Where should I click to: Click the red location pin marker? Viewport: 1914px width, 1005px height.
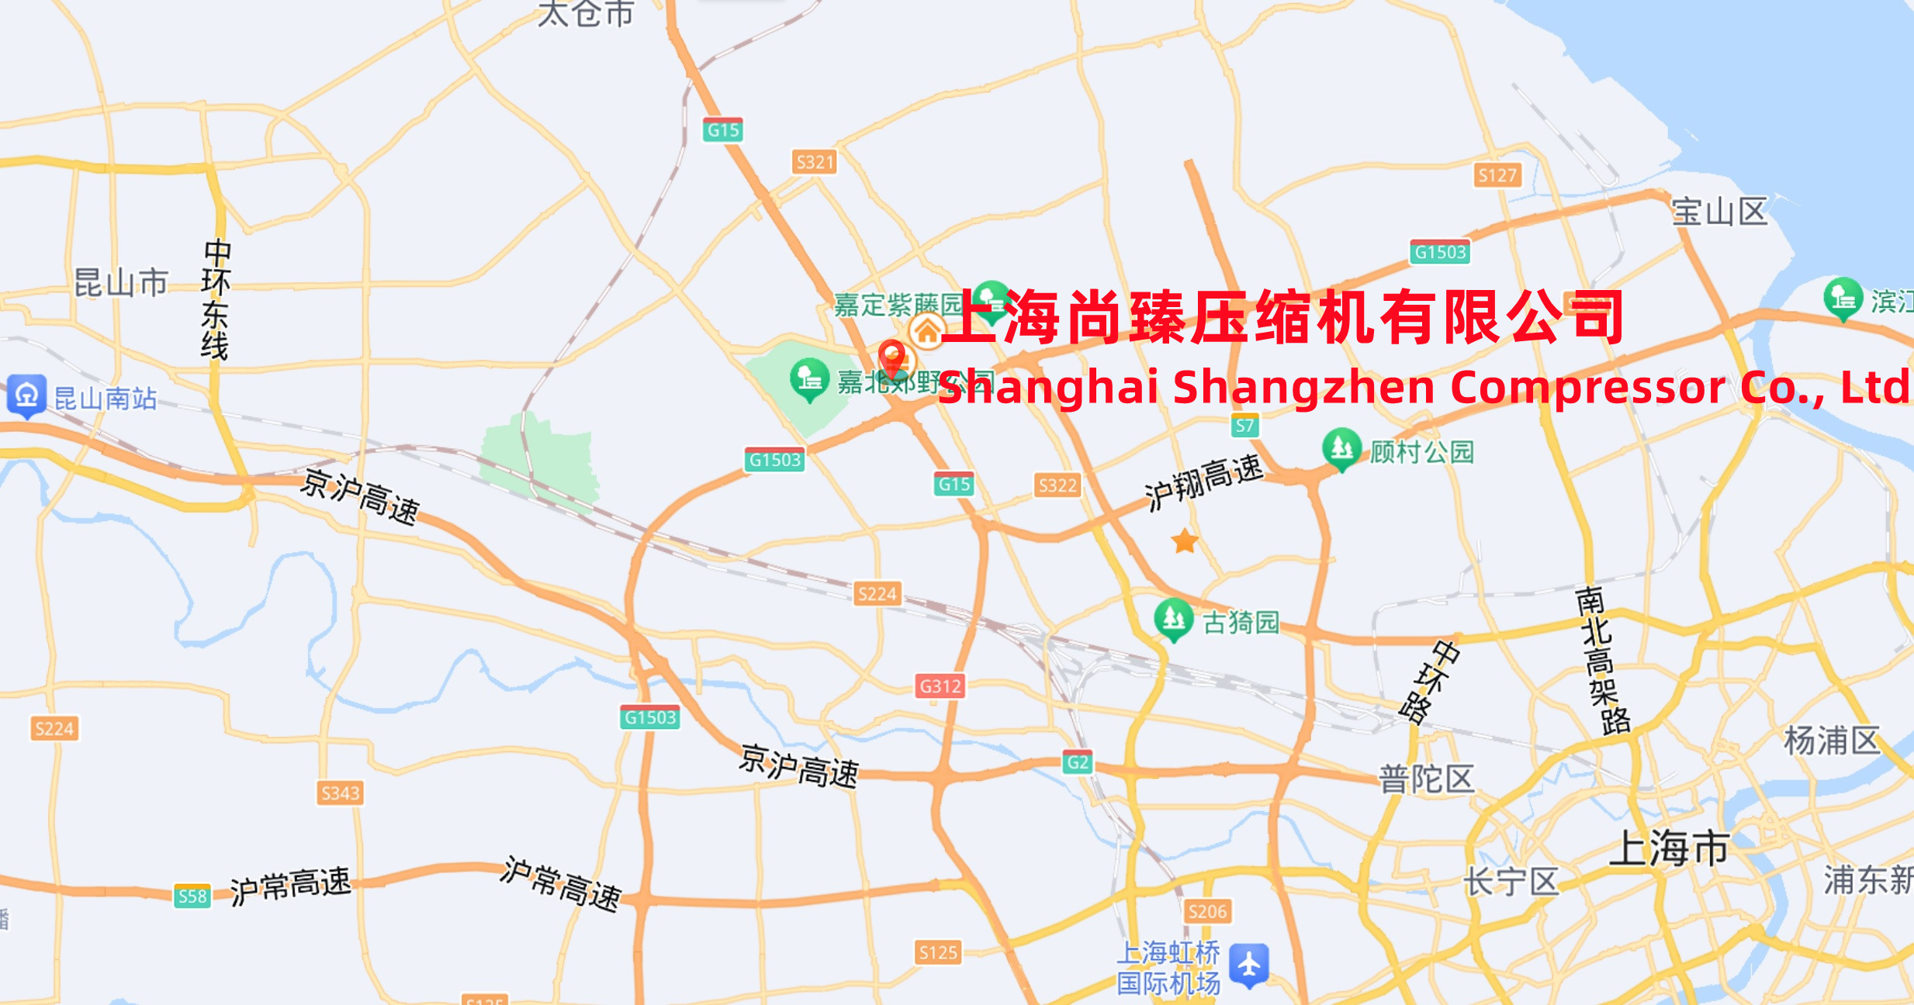[892, 357]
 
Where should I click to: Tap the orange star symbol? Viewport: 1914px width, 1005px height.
[1185, 541]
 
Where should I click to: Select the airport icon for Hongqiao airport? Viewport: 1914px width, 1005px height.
[1249, 965]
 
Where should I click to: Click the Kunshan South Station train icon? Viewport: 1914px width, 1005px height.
[27, 395]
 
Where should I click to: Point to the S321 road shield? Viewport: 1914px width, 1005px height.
[815, 162]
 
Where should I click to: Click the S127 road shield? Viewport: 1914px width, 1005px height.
[1497, 175]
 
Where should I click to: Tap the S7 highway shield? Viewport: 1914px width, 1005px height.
[1245, 425]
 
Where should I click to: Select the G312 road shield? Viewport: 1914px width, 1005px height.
[940, 686]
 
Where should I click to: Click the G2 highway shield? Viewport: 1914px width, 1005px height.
[1078, 762]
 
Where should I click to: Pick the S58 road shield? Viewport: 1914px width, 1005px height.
[192, 896]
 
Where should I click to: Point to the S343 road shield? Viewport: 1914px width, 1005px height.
[341, 793]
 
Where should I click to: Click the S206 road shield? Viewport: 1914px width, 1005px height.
[1208, 911]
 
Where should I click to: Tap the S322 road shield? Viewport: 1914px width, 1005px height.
[1057, 485]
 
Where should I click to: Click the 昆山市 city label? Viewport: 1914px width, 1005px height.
[121, 283]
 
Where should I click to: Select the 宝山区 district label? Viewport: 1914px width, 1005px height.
[1719, 212]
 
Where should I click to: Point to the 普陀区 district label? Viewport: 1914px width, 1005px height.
[1426, 779]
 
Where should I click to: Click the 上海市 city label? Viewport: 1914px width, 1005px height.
[1669, 848]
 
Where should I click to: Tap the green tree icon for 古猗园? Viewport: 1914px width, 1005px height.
[1173, 619]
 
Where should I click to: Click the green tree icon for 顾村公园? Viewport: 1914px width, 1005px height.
[1341, 448]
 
